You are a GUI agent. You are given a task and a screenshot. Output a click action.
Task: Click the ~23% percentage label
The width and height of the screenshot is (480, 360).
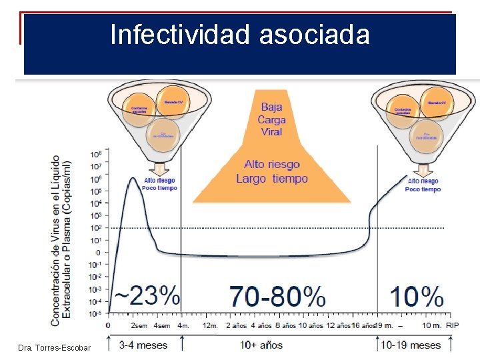(146, 295)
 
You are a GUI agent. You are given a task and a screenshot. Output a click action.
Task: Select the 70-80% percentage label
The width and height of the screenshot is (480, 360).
(277, 295)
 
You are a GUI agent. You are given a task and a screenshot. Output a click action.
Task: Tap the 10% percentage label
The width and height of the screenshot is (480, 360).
(416, 295)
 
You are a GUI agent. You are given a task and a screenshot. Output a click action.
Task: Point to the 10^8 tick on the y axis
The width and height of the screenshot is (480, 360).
(96, 154)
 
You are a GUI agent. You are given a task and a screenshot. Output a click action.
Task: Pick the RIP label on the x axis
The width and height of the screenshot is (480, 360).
(453, 325)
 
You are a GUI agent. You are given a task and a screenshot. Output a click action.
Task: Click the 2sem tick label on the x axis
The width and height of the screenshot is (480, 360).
(139, 325)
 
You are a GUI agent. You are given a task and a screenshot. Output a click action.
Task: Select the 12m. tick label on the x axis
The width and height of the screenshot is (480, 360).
(209, 325)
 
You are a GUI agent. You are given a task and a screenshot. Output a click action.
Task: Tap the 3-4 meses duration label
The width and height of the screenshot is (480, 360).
(143, 345)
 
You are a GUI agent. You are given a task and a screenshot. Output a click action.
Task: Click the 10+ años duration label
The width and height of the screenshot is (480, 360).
(262, 345)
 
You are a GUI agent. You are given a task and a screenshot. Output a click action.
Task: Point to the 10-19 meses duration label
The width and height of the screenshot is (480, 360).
(411, 345)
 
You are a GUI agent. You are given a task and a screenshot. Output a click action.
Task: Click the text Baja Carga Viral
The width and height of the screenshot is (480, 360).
(272, 119)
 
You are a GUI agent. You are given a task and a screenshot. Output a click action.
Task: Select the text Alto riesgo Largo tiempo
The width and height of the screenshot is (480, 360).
(272, 171)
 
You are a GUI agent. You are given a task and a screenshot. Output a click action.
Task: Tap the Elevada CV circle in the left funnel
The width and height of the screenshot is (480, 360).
(175, 102)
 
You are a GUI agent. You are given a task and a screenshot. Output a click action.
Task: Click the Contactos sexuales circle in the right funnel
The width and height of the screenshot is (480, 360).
(403, 110)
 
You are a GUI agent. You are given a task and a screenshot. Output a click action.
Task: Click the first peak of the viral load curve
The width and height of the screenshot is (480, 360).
(133, 179)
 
